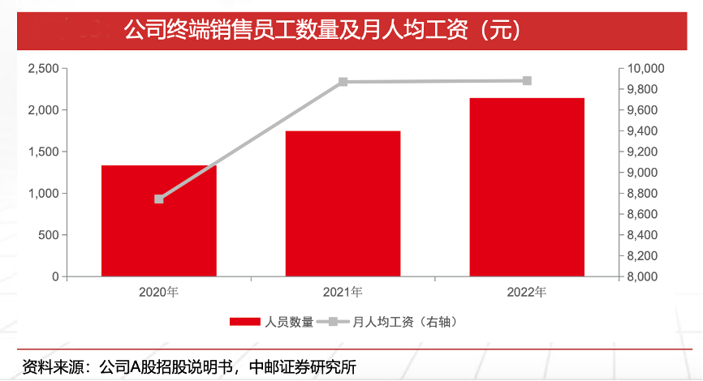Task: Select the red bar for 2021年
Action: click(x=343, y=204)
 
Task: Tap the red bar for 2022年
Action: click(x=527, y=187)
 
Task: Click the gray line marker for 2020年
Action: click(x=159, y=199)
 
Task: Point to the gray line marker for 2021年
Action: click(x=343, y=82)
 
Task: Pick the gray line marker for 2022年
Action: click(x=527, y=80)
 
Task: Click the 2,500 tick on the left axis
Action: click(x=42, y=69)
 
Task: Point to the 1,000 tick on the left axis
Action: click(x=42, y=194)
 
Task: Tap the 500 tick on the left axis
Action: click(x=49, y=235)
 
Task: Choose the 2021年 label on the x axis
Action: click(x=343, y=293)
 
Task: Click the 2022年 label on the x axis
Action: click(x=527, y=293)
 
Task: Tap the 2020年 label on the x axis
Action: click(x=158, y=293)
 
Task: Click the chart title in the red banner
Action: click(x=321, y=31)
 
